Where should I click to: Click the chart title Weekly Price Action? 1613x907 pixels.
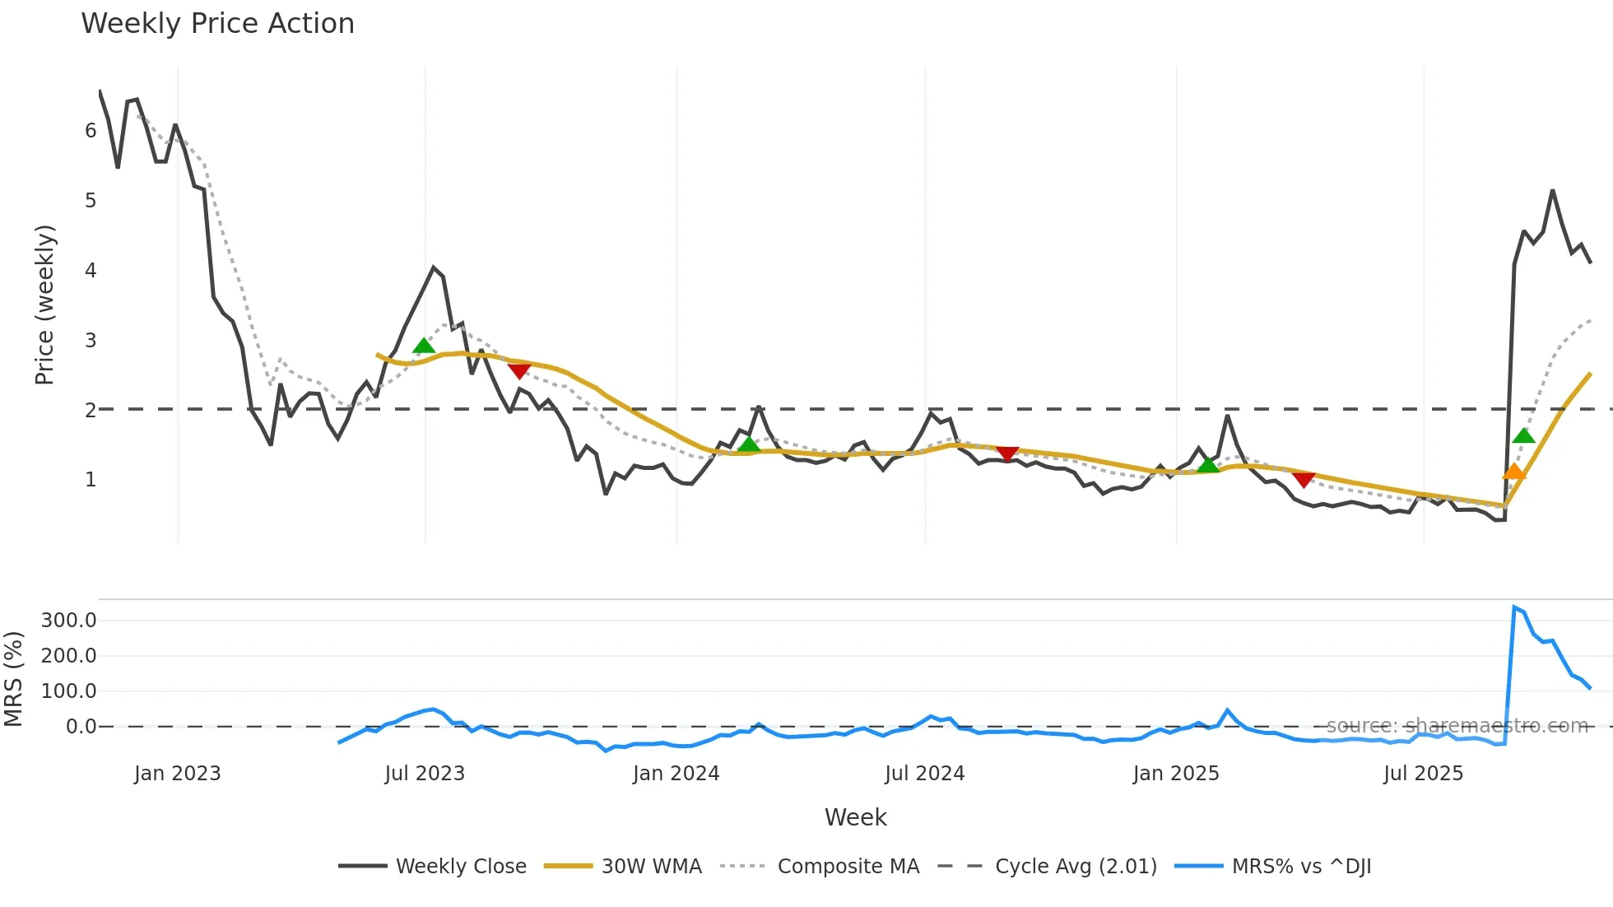click(x=217, y=24)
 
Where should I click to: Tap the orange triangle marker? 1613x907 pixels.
click(x=1513, y=472)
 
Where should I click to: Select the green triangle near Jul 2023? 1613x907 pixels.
click(x=423, y=346)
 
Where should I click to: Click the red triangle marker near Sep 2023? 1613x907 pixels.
click(x=518, y=370)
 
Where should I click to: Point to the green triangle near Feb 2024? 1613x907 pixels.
click(x=748, y=445)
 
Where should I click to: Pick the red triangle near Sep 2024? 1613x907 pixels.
click(x=1007, y=453)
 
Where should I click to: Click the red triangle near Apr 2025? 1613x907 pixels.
click(x=1304, y=479)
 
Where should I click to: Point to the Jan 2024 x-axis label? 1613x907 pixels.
click(x=676, y=774)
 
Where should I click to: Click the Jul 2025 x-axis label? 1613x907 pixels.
click(x=1423, y=774)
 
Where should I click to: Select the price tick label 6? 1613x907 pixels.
click(x=91, y=130)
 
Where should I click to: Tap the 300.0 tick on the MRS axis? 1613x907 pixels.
click(x=69, y=621)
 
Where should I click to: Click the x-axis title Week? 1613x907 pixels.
click(x=855, y=817)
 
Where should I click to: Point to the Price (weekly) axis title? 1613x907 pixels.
click(x=44, y=305)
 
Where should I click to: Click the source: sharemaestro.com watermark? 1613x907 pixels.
click(x=1457, y=726)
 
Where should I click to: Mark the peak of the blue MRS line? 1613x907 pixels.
click(x=1514, y=607)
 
